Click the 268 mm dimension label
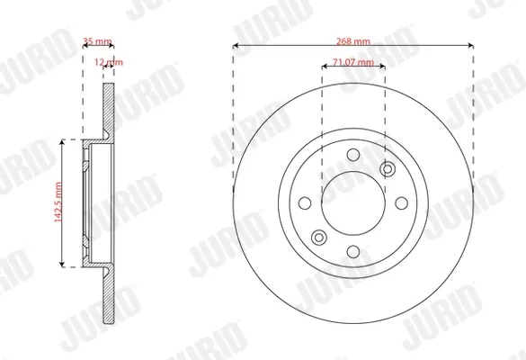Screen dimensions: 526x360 (353, 41)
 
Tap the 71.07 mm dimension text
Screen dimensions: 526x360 (353, 62)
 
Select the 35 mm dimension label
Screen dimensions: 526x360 (97, 41)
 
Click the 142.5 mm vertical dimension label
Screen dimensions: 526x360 (58, 202)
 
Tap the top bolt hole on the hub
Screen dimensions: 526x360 (353, 155)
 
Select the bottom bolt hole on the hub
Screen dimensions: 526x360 (353, 251)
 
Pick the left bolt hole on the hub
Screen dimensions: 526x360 (305, 203)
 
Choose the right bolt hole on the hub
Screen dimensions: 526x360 (402, 203)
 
